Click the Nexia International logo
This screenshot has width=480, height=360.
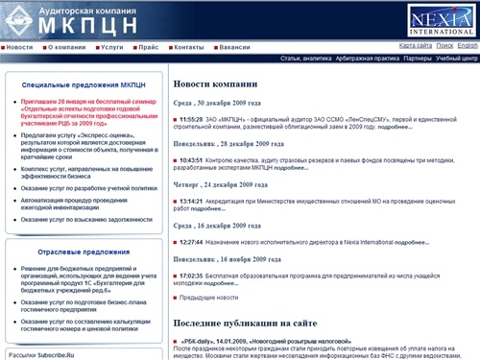tap(442, 18)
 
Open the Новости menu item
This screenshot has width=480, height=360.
tap(26, 46)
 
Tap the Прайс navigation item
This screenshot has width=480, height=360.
tap(147, 46)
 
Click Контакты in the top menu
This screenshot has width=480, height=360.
tap(188, 46)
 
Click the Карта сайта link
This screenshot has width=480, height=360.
tap(415, 45)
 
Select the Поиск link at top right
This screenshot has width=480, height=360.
tap(444, 45)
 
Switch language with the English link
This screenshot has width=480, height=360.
tap(468, 45)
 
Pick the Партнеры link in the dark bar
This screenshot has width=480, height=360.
tap(417, 59)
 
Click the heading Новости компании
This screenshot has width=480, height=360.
tap(215, 84)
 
